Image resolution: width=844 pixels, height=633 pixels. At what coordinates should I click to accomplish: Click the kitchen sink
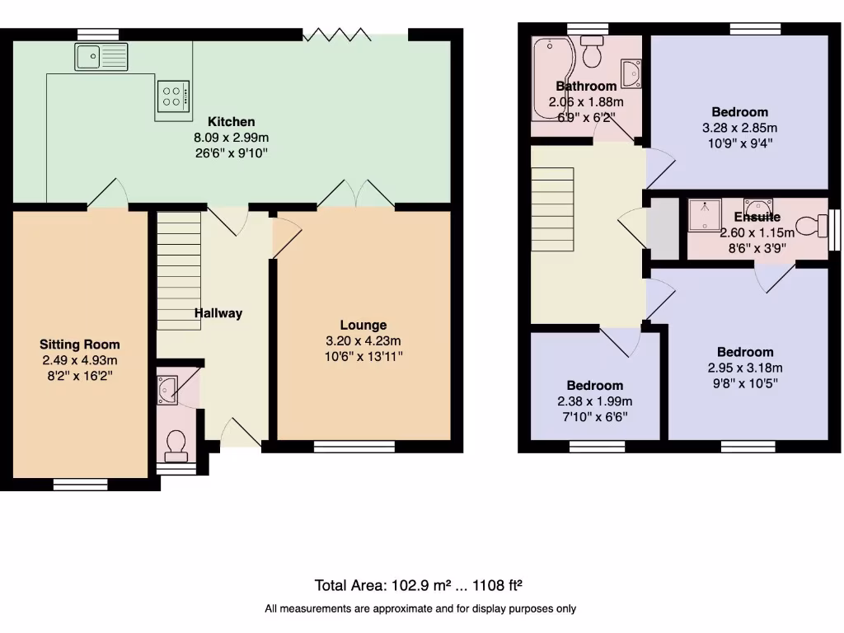[101, 56]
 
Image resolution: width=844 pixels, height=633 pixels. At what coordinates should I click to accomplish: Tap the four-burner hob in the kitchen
[174, 96]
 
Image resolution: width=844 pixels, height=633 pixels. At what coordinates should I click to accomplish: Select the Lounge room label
[363, 325]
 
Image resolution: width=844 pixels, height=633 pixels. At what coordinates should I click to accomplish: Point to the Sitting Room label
[80, 345]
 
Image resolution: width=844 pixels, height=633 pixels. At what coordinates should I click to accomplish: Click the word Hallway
[218, 313]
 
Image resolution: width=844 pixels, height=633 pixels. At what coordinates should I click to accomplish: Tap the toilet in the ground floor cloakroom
[176, 445]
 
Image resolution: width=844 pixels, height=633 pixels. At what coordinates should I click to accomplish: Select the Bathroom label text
[586, 86]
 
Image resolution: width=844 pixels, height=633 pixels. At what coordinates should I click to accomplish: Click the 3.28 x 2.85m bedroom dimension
[739, 128]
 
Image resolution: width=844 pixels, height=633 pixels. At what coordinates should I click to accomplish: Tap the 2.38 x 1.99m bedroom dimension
[594, 401]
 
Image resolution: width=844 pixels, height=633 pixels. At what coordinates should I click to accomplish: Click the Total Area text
[420, 585]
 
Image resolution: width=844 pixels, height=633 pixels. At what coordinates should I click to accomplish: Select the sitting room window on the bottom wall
[81, 484]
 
